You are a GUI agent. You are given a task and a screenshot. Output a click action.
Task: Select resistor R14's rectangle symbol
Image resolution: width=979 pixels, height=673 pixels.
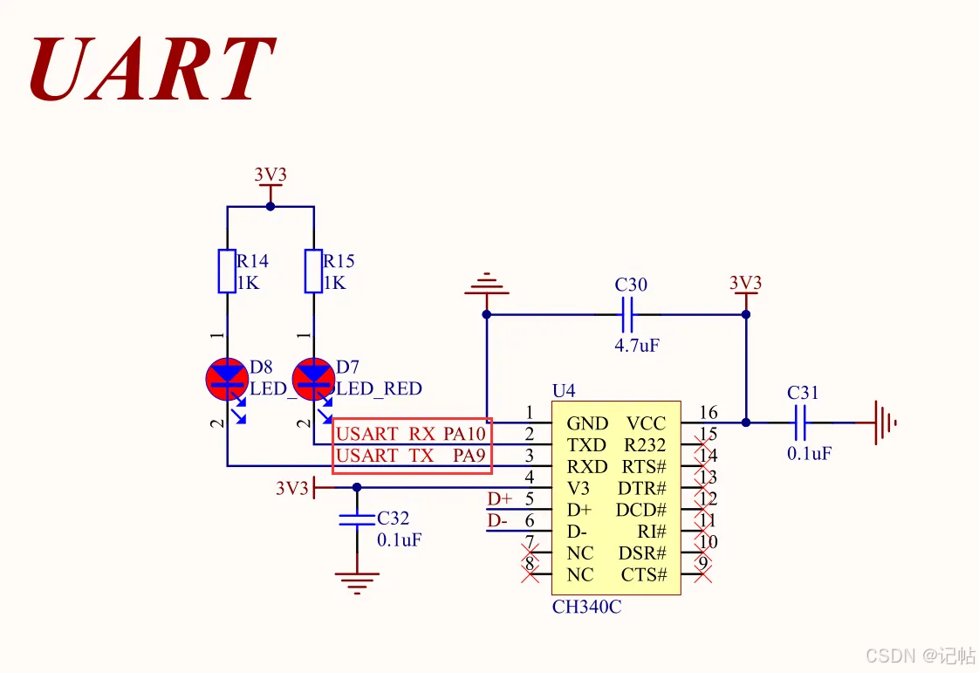click(226, 271)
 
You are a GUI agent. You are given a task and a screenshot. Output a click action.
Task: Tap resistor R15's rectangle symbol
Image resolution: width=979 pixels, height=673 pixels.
click(313, 271)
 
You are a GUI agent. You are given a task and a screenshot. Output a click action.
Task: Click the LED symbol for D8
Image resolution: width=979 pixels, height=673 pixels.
click(227, 377)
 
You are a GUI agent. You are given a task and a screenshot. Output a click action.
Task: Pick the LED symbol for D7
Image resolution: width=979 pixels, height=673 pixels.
click(313, 377)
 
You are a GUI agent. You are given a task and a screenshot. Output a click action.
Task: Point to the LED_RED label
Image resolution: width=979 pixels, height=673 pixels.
click(380, 389)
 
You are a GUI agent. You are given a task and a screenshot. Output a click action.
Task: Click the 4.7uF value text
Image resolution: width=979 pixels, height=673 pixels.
click(637, 346)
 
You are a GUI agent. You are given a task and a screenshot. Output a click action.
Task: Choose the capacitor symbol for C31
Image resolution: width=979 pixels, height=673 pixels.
click(800, 423)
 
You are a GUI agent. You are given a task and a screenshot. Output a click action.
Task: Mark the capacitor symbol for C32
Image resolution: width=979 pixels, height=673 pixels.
click(356, 520)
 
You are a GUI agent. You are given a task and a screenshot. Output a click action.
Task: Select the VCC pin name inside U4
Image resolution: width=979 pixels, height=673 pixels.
click(646, 424)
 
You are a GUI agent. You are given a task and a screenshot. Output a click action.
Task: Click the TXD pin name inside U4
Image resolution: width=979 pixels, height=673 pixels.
click(586, 445)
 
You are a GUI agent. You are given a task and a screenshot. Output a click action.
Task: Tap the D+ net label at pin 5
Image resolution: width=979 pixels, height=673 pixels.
click(500, 499)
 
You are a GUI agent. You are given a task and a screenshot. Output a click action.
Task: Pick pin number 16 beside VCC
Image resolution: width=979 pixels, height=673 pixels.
click(708, 413)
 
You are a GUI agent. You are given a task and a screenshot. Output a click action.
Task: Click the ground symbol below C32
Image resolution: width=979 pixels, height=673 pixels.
click(357, 580)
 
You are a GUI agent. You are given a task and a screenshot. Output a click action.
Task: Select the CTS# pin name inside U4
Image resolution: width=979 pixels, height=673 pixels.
click(644, 575)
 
